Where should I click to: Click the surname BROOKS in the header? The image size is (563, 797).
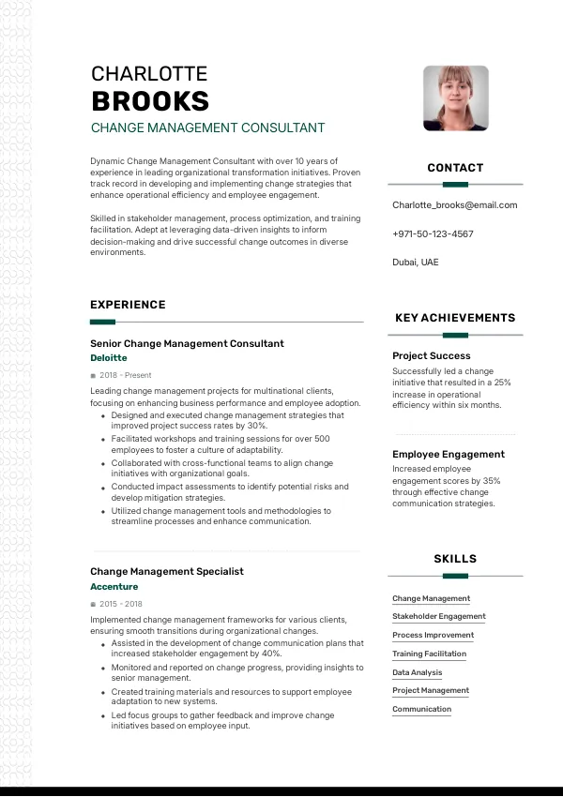click(x=150, y=101)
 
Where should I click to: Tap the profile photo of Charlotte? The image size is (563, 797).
click(x=455, y=98)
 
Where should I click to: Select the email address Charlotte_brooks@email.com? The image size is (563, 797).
click(x=454, y=205)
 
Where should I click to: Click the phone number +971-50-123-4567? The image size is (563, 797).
click(x=433, y=233)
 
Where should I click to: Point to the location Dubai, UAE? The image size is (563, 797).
click(x=415, y=263)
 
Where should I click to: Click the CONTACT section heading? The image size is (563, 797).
click(x=455, y=168)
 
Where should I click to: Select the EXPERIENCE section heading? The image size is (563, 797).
click(x=128, y=305)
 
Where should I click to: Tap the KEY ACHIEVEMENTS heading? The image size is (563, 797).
click(x=455, y=318)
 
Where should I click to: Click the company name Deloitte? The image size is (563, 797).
click(x=108, y=358)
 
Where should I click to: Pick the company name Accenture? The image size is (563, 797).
click(x=114, y=587)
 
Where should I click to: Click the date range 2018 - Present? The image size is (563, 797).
click(x=125, y=375)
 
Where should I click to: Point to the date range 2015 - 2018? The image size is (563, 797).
click(x=121, y=604)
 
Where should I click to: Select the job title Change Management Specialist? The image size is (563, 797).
click(x=166, y=571)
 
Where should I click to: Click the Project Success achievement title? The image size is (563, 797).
click(x=431, y=356)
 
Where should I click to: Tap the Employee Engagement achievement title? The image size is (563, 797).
click(x=448, y=455)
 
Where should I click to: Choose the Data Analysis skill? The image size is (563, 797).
click(x=417, y=672)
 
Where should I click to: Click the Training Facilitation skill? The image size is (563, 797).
click(x=429, y=654)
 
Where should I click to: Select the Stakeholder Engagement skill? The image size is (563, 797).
click(x=438, y=617)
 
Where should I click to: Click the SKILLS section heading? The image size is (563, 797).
click(x=455, y=559)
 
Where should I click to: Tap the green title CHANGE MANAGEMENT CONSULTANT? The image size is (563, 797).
click(x=207, y=128)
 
